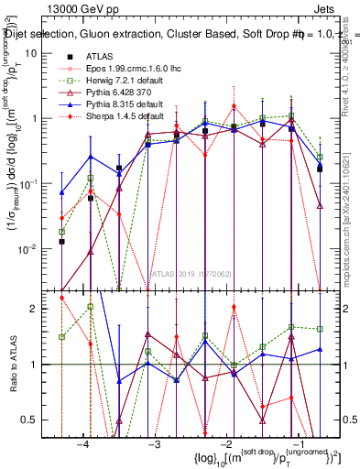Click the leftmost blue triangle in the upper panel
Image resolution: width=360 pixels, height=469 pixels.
coord(61,193)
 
